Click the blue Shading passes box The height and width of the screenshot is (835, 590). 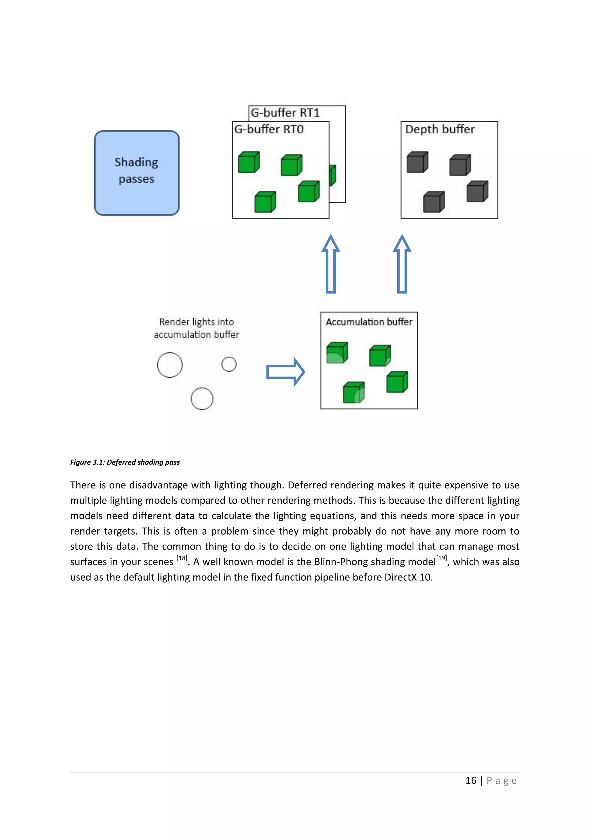tap(137, 173)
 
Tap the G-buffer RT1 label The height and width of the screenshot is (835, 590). tap(285, 113)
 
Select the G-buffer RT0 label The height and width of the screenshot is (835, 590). tap(269, 129)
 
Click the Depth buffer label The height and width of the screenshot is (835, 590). tap(440, 129)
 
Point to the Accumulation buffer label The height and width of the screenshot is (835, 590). tap(369, 322)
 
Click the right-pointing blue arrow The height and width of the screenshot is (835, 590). tap(285, 372)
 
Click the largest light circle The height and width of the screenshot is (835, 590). tap(170, 365)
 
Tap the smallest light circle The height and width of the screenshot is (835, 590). tap(229, 364)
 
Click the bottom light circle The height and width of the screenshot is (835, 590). tap(202, 398)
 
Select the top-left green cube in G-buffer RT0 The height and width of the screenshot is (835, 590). tap(249, 162)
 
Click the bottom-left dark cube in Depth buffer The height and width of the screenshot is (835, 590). tap(433, 202)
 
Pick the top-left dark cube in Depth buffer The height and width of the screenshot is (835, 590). tap(417, 162)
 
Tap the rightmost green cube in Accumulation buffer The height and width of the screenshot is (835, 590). tap(397, 382)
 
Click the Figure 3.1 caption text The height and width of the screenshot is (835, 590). tap(125, 462)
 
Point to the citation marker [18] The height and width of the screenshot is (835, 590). tap(182, 558)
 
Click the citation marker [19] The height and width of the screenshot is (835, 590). tap(441, 558)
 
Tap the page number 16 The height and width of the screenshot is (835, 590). tap(471, 781)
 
